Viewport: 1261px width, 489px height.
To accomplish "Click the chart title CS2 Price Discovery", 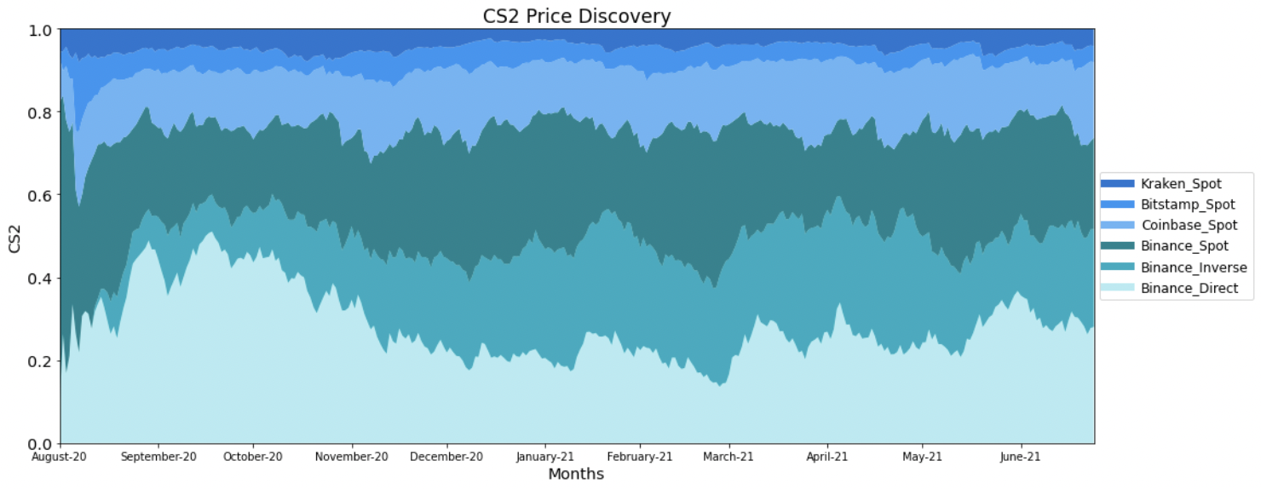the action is click(x=577, y=15).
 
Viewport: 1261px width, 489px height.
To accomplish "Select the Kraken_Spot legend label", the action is click(x=1181, y=184).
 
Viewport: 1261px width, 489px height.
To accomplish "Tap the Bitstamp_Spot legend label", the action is click(x=1188, y=204).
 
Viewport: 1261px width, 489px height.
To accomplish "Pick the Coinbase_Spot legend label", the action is click(x=1189, y=226).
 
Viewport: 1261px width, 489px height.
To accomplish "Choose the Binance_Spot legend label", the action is click(x=1184, y=246).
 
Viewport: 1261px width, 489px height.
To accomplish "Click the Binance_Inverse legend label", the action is click(x=1194, y=268).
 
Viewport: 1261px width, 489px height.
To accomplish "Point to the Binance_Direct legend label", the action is click(x=1189, y=288).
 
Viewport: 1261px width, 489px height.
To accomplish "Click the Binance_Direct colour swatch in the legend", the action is click(x=1118, y=288).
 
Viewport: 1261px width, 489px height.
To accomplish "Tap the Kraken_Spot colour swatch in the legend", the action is click(x=1118, y=183).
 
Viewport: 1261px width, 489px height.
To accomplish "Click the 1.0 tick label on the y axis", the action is click(x=40, y=30).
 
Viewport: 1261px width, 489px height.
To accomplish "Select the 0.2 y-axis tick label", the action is click(x=40, y=361).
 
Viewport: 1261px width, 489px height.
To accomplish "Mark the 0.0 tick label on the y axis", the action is click(x=40, y=444).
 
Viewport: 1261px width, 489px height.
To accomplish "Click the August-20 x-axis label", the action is click(x=59, y=457).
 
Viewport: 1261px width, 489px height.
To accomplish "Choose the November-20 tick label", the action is click(x=351, y=457).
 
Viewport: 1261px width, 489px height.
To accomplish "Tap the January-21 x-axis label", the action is click(x=545, y=457).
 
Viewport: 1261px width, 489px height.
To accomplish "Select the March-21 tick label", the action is click(x=728, y=457).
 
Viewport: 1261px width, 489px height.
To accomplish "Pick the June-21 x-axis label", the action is click(x=1020, y=457).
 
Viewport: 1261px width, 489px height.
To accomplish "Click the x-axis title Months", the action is click(x=576, y=474).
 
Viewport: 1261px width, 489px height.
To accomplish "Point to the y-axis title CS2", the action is click(x=14, y=239).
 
